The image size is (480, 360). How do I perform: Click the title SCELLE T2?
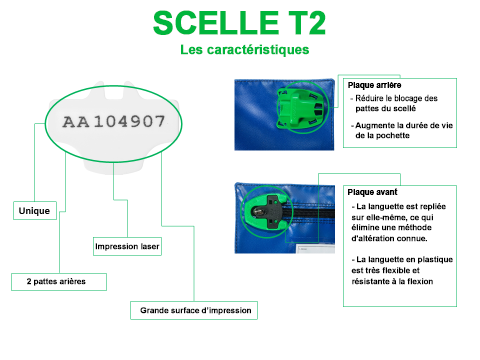239,23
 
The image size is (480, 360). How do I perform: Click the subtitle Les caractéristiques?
245,50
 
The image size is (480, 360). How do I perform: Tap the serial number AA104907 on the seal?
114,122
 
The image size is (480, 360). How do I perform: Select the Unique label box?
35,211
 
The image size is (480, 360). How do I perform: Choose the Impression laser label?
127,247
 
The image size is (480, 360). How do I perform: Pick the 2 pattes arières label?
59,282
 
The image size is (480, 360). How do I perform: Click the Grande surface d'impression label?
194,311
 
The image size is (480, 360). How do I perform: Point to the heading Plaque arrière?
374,85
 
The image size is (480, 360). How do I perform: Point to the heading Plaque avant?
372,192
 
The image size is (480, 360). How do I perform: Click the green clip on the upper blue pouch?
299,107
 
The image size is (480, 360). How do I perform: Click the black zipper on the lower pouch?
311,213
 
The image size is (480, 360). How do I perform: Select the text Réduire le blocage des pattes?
396,103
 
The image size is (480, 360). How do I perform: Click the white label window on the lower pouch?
316,249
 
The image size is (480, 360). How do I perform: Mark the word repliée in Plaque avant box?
432,207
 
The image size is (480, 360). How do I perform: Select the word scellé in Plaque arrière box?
405,109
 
